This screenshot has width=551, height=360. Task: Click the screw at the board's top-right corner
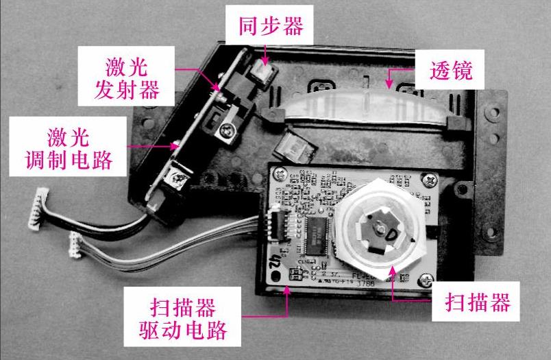(429, 181)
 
